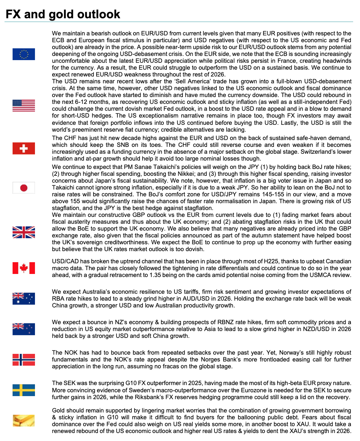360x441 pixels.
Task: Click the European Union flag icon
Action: point(24,54)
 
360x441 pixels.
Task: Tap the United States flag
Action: point(24,105)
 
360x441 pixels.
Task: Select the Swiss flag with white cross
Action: point(24,148)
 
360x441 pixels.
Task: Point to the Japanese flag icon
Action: point(24,188)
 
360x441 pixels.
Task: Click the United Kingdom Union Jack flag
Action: point(24,232)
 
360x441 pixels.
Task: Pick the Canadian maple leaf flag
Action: point(24,268)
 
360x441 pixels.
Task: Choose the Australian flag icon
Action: point(24,299)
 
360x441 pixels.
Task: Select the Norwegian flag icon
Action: point(24,360)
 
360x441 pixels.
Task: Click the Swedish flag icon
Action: point(24,390)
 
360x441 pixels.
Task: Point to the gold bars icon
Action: point(24,420)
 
